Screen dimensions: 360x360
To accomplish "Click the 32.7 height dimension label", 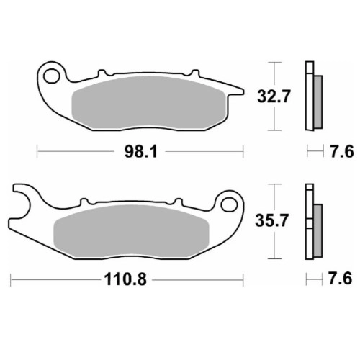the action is pos(274,96).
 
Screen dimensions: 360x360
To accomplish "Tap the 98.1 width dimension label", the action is pos(141,152).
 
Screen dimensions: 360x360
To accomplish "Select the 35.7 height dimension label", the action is pos(271,220).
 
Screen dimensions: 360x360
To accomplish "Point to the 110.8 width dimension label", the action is pos(125,279).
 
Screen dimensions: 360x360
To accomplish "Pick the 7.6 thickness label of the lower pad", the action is pos(340,279).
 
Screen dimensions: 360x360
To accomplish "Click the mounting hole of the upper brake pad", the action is pos(51,76).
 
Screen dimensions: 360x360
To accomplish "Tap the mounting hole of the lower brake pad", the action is pos(229,204).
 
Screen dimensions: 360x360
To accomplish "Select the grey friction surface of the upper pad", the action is pos(149,103).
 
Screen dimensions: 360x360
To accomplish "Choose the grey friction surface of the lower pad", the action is pos(132,231).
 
